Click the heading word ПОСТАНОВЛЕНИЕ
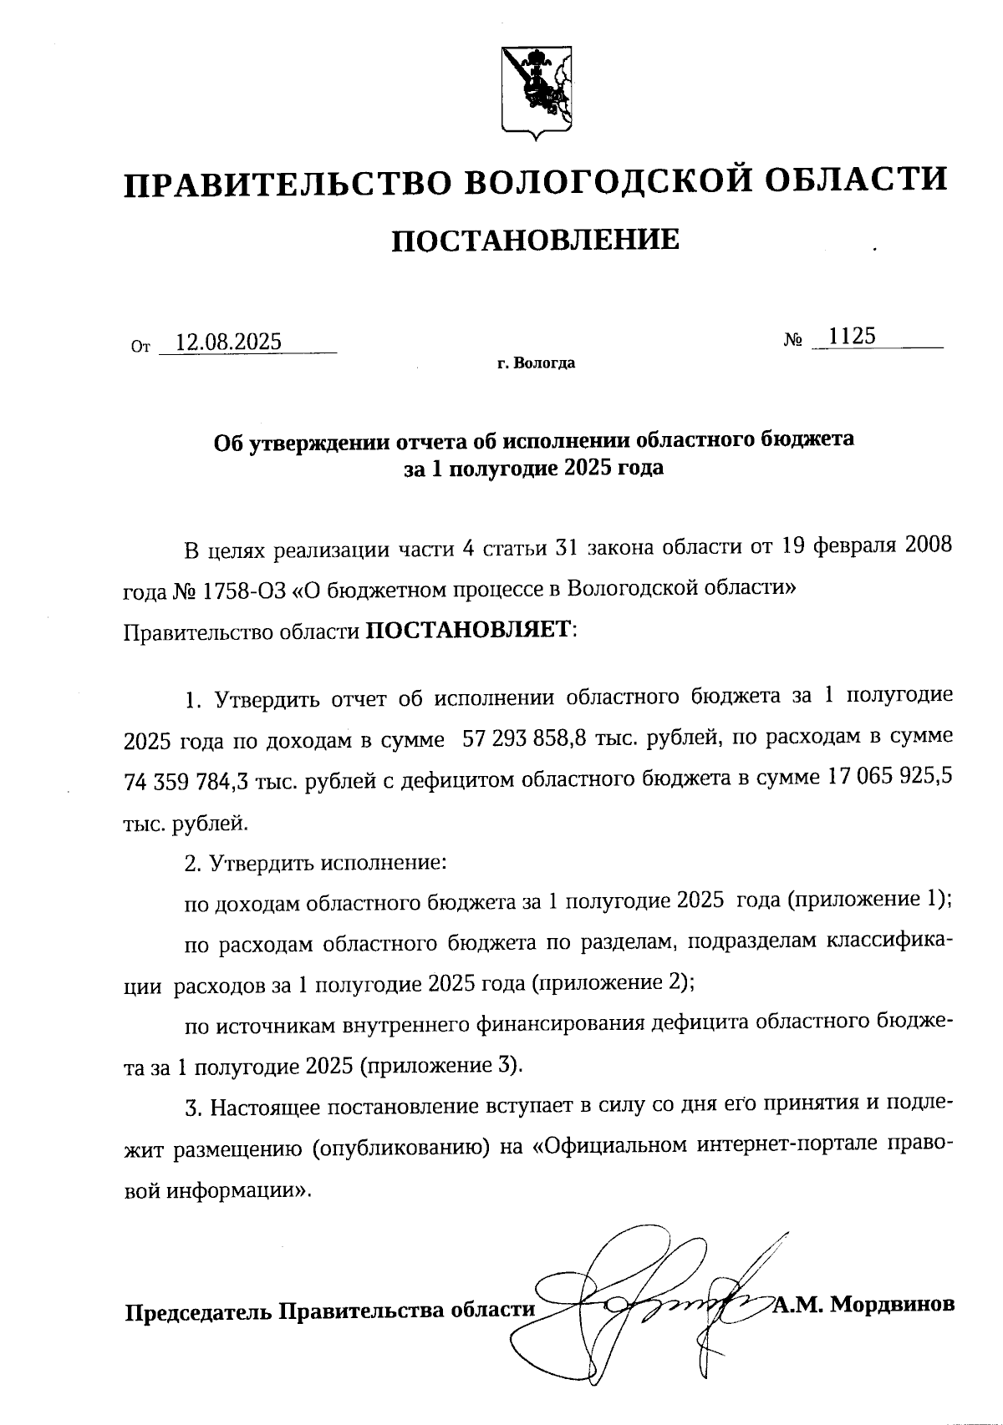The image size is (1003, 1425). [x=536, y=241]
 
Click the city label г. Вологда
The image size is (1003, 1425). [x=536, y=363]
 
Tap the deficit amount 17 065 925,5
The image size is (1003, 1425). [x=889, y=778]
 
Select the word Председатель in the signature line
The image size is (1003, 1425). [x=198, y=1311]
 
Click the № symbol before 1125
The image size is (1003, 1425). [x=794, y=340]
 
